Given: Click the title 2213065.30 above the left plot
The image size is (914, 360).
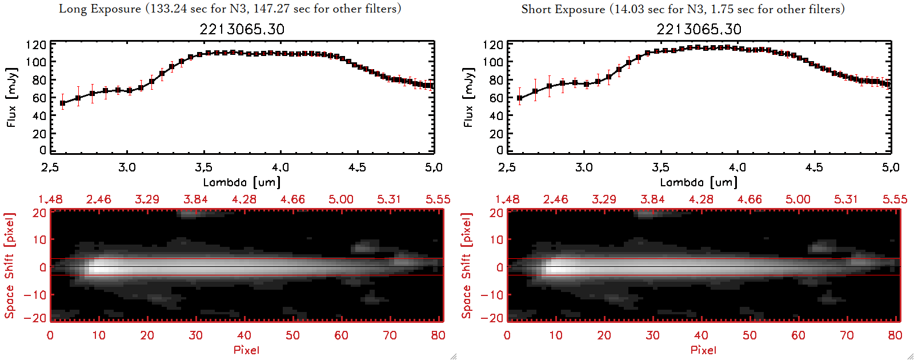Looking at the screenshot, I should pyautogui.click(x=242, y=29).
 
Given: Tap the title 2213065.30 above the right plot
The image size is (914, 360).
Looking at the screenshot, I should pyautogui.click(x=699, y=29).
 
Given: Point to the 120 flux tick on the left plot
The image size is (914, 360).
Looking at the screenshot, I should pyautogui.click(x=36, y=45).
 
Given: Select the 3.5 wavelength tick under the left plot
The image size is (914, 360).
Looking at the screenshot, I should pyautogui.click(x=203, y=167).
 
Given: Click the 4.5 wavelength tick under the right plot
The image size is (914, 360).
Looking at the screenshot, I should pyautogui.click(x=814, y=167).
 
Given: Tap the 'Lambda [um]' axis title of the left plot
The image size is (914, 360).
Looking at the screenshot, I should pyautogui.click(x=242, y=182).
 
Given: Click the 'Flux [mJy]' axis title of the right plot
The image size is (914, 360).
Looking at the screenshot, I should pyautogui.click(x=469, y=97).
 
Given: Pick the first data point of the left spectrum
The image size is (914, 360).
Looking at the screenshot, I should pyautogui.click(x=63, y=103).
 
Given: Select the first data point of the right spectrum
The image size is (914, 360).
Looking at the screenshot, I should pyautogui.click(x=519, y=98).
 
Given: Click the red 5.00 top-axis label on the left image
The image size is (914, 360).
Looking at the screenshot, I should pyautogui.click(x=340, y=199).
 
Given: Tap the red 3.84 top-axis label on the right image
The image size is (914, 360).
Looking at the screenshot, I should pyautogui.click(x=652, y=199).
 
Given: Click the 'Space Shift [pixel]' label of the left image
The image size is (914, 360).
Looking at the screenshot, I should pyautogui.click(x=9, y=266).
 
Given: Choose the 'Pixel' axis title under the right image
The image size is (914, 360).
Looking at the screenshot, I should pyautogui.click(x=703, y=350).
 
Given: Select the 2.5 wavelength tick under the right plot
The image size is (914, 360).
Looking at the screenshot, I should pyautogui.click(x=507, y=167).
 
